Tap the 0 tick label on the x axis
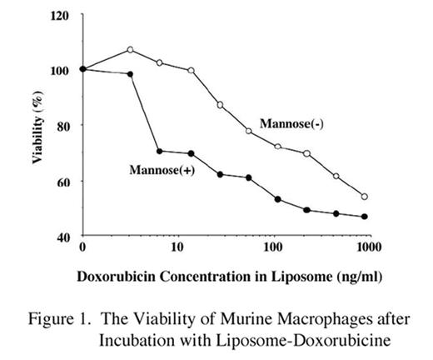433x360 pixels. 82,248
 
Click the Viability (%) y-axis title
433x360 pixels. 37,127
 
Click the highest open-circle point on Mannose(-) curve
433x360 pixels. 130,50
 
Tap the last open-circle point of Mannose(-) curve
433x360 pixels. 365,197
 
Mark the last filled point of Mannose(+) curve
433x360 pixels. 365,217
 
